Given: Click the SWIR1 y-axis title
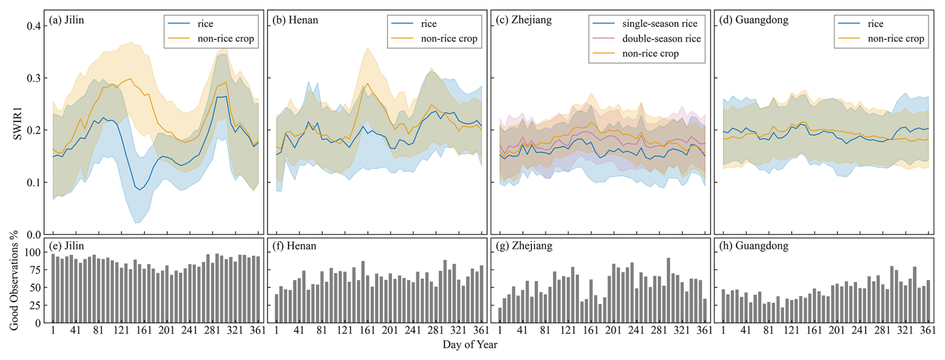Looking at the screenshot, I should coord(17,124).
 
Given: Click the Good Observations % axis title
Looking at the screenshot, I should coord(14,280).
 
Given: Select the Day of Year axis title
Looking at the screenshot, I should coord(470,345).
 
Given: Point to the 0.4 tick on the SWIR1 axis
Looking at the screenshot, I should coord(34,26).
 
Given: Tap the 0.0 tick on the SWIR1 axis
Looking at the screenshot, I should coord(34,235).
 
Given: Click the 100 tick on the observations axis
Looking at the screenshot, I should coord(32,253).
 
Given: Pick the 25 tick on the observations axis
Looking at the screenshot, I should coord(35,306).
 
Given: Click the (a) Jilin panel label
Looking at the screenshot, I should coord(66,20).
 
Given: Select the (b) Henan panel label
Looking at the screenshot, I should coord(295,20).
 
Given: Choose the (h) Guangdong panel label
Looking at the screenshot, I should coord(754,246).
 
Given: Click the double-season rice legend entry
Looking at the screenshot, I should coord(661,39).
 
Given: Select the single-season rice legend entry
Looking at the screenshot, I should coord(659,24).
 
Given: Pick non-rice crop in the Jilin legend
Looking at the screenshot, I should coord(226,39).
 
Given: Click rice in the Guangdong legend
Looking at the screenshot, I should coord(875,24).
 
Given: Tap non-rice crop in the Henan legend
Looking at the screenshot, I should coord(449,39).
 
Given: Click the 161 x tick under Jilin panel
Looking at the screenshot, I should coord(144,330).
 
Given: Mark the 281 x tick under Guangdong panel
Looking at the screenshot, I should coord(883,330).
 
